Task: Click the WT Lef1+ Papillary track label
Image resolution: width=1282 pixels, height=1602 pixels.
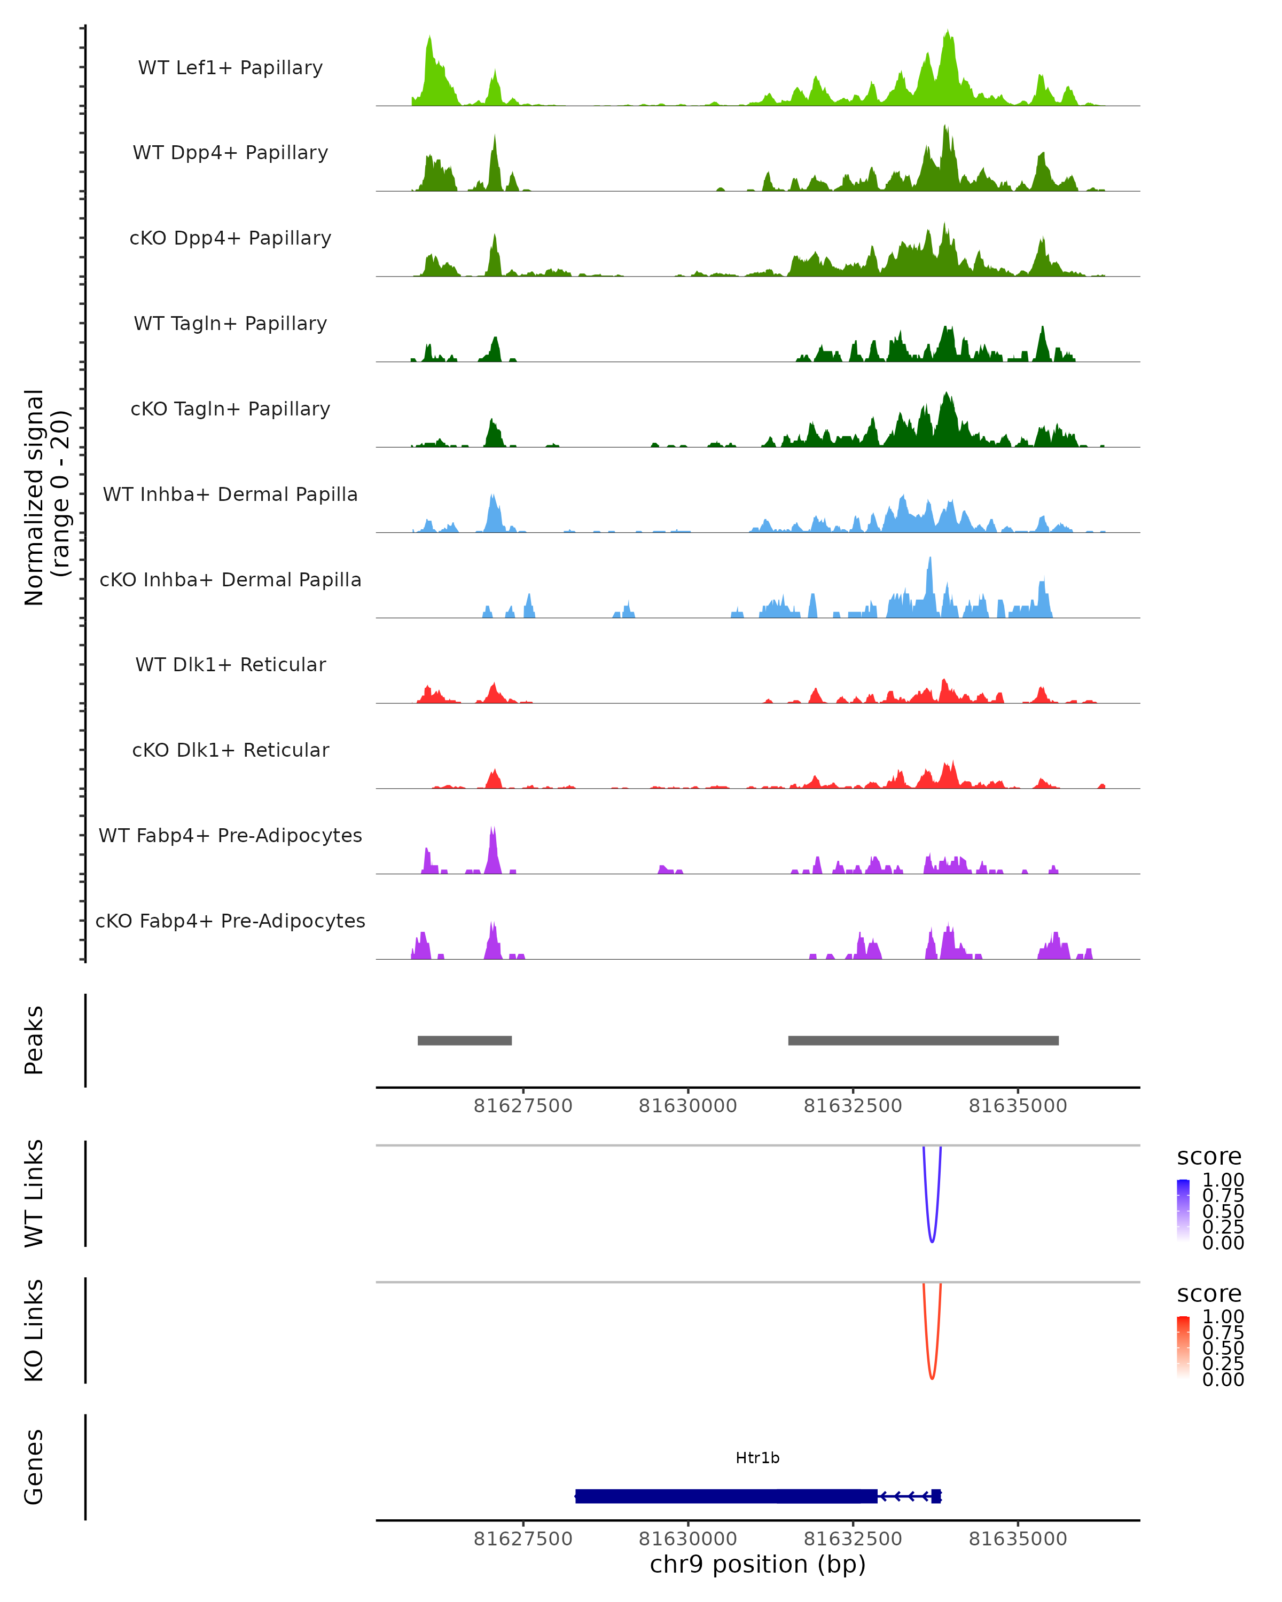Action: [230, 68]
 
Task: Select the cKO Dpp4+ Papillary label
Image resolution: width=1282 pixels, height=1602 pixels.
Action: [230, 239]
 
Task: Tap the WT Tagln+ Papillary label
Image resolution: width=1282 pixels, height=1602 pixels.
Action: [230, 324]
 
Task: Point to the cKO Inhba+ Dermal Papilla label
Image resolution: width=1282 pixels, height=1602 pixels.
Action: [230, 580]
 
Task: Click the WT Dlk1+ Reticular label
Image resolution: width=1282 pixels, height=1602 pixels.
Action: [230, 665]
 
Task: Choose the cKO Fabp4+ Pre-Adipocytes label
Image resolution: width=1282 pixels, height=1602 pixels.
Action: [230, 921]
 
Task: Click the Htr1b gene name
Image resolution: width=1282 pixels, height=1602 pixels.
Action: [757, 1458]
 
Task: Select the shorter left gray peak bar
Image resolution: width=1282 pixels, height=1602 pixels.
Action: [465, 1040]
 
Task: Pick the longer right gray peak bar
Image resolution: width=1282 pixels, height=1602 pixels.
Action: [923, 1040]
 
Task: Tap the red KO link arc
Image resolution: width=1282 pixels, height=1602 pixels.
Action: [932, 1376]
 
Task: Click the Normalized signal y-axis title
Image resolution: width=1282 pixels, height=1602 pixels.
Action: [46, 497]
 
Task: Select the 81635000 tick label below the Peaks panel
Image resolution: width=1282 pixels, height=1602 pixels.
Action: [1018, 1106]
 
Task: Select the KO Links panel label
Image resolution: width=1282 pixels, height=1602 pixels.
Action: [34, 1330]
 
